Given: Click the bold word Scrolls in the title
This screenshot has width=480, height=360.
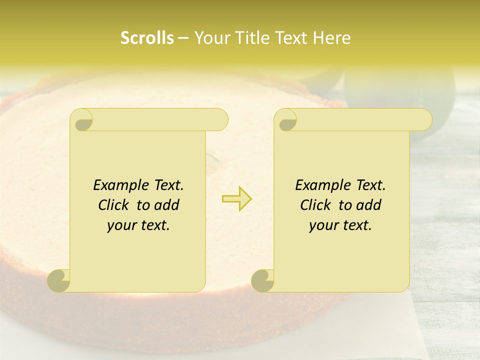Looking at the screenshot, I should coord(147,38).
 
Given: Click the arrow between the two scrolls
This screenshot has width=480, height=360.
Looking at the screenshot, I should coord(236,198).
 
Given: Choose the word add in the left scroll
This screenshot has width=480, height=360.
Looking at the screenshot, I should coord(167,205).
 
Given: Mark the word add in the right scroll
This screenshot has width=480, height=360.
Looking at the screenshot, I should coord(369,205).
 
